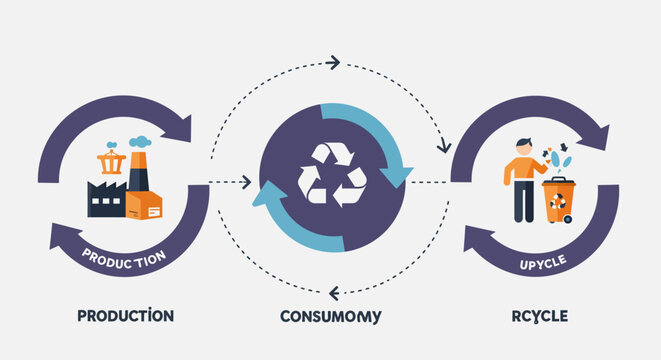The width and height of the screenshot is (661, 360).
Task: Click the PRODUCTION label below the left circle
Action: [126, 316]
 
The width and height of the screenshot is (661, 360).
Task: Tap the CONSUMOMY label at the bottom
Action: [331, 317]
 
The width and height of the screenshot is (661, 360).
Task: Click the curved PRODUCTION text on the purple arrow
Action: [125, 258]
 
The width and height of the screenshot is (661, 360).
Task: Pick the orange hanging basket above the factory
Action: [111, 161]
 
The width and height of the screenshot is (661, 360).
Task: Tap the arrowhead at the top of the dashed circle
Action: [334, 62]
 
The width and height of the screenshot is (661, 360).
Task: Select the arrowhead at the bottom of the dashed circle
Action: [334, 292]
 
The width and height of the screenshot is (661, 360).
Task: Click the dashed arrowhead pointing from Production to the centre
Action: [245, 182]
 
